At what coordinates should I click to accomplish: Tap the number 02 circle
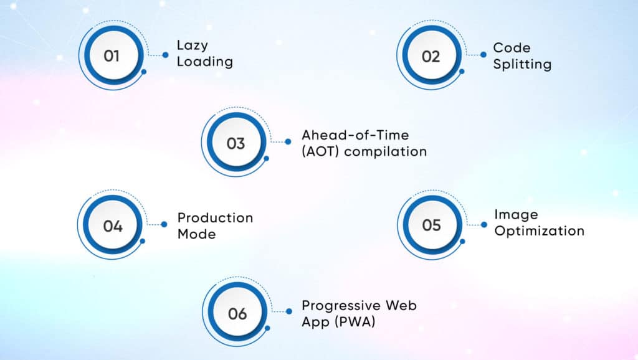click(x=431, y=56)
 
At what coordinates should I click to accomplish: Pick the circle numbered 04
click(x=113, y=225)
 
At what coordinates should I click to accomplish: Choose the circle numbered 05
click(x=431, y=225)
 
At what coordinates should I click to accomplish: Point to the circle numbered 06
click(x=237, y=313)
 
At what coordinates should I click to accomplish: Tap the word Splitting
click(x=522, y=64)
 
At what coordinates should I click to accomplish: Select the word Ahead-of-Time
click(x=346, y=135)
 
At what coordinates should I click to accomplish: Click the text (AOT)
click(x=320, y=151)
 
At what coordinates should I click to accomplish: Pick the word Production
click(x=215, y=218)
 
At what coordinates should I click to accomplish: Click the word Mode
click(x=196, y=234)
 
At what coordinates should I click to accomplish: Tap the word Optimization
click(x=539, y=231)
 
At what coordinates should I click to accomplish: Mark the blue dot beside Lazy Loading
click(x=165, y=55)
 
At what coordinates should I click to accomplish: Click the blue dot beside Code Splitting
click(x=483, y=55)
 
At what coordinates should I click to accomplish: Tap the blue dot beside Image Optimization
click(x=483, y=224)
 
